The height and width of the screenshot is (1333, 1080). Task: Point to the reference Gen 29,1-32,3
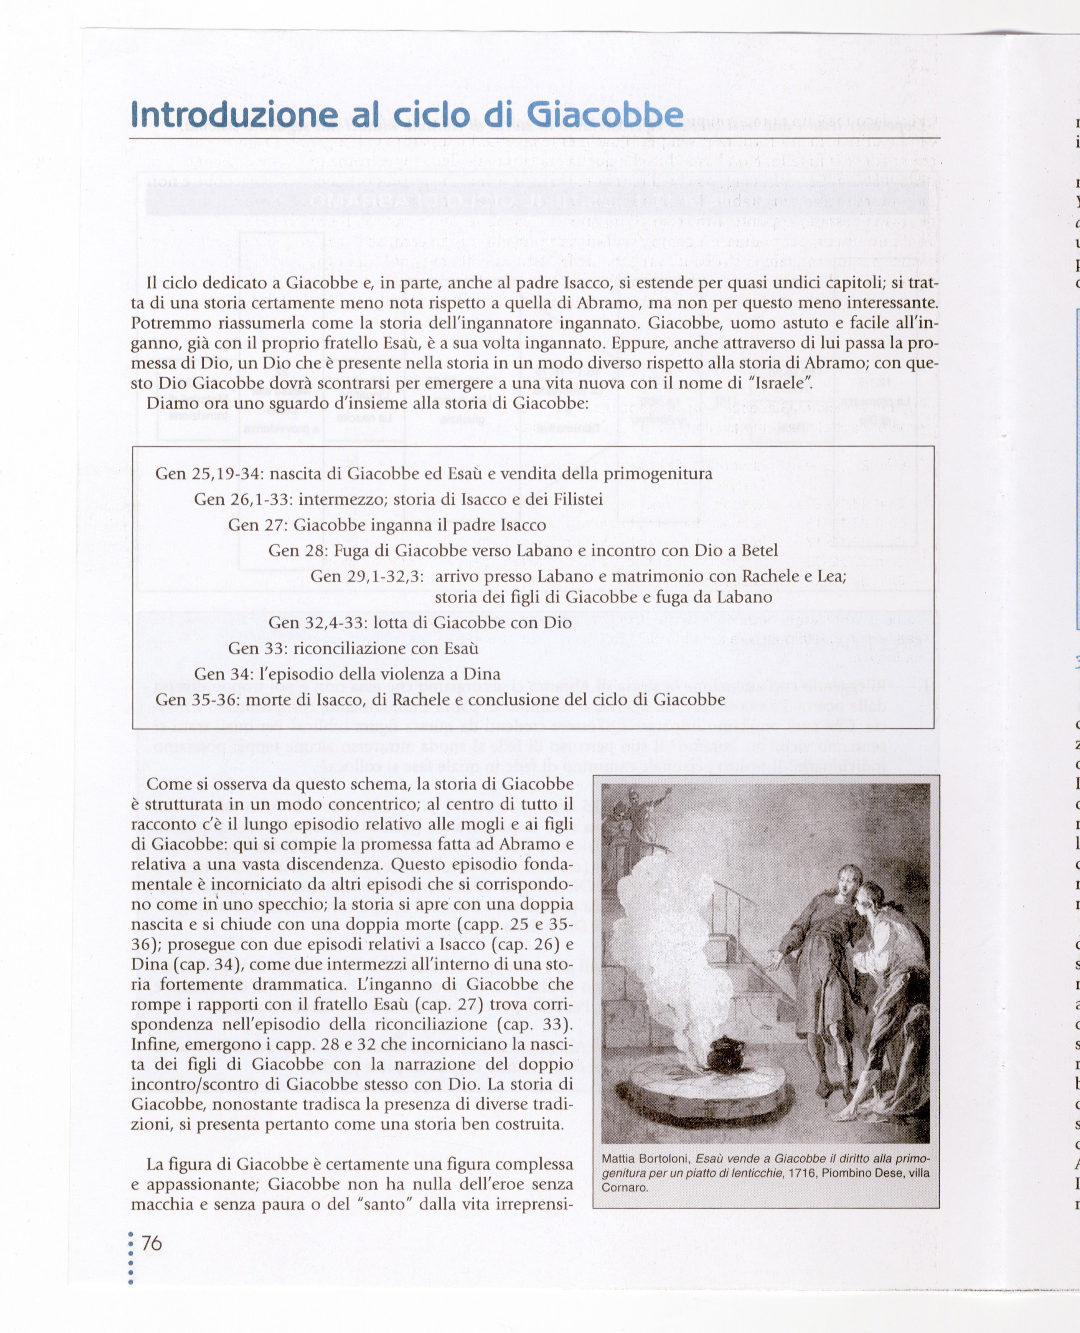tap(367, 576)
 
